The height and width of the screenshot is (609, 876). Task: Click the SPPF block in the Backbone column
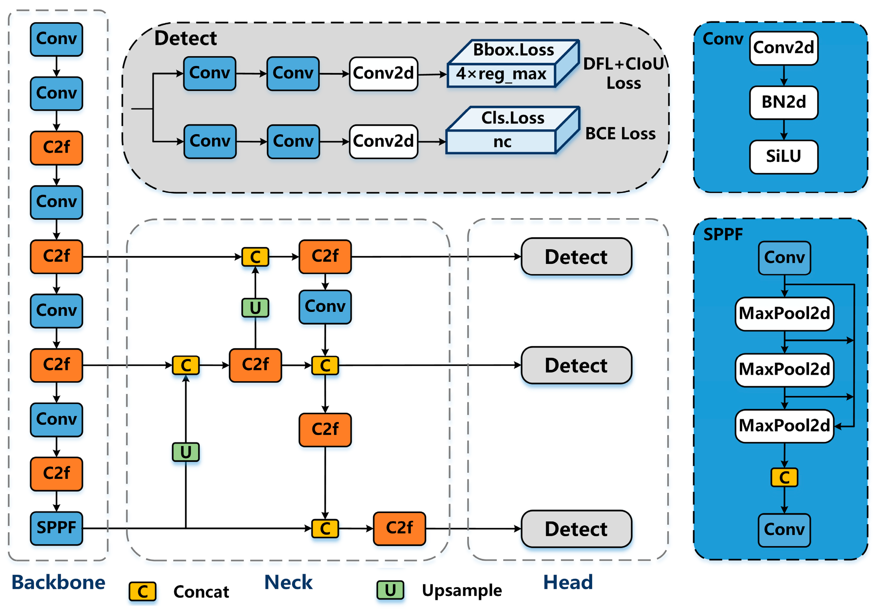pos(56,528)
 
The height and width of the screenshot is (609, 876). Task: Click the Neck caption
pos(288,582)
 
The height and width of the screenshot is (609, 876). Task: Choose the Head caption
pos(568,582)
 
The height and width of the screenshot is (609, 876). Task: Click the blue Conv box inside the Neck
pos(325,307)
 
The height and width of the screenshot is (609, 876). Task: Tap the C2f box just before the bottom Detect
pos(399,528)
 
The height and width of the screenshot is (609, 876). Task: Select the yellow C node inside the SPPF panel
pos(784,477)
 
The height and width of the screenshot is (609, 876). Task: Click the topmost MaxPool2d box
pos(784,313)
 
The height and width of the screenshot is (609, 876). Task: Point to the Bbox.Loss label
pos(513,50)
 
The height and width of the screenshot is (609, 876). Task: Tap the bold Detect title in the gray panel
pos(185,39)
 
